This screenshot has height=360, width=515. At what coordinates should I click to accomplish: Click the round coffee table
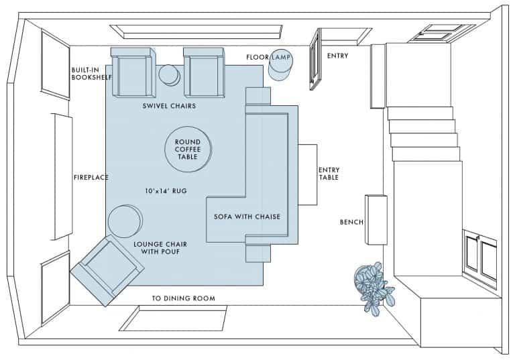click(x=188, y=149)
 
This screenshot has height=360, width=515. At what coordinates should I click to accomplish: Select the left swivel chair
click(x=131, y=73)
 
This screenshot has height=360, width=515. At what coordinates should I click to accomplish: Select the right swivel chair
click(x=204, y=73)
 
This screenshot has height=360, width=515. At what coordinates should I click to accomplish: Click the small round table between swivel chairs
click(x=169, y=75)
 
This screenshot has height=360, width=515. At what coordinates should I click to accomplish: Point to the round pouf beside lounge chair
click(x=125, y=221)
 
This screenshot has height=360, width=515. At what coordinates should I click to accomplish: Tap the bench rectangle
click(x=376, y=219)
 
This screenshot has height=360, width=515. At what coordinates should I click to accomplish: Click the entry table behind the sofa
click(x=307, y=174)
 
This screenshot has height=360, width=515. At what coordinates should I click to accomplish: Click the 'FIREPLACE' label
click(x=91, y=178)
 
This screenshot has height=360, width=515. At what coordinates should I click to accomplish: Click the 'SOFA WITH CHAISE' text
click(x=247, y=217)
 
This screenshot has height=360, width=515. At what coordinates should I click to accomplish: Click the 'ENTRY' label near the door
click(x=337, y=56)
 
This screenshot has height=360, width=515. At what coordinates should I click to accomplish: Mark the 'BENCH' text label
click(x=351, y=221)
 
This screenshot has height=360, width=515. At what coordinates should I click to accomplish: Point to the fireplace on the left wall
click(x=62, y=176)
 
